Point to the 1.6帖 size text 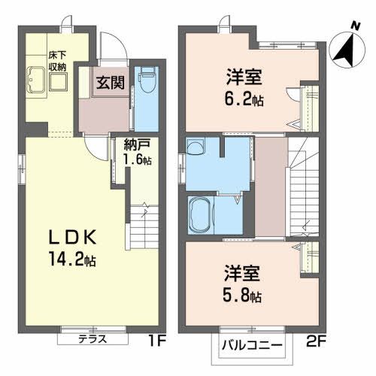(126, 160)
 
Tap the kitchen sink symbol (35, 78)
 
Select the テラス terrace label (92, 339)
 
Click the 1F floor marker (156, 339)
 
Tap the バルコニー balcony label (252, 347)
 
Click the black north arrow (345, 48)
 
